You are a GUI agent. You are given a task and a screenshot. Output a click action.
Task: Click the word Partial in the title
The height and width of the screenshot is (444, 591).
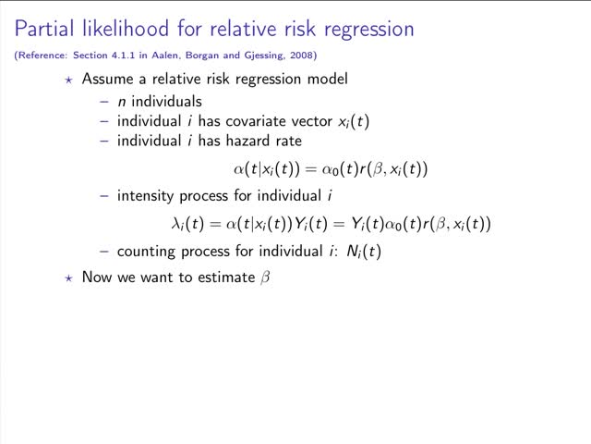(41, 28)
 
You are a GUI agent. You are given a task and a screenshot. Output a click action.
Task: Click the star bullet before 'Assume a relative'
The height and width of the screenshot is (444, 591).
(68, 80)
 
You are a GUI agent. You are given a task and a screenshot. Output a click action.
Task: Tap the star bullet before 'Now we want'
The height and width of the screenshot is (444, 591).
(68, 277)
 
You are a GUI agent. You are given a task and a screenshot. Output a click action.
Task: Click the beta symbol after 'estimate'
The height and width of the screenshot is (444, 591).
(264, 277)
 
